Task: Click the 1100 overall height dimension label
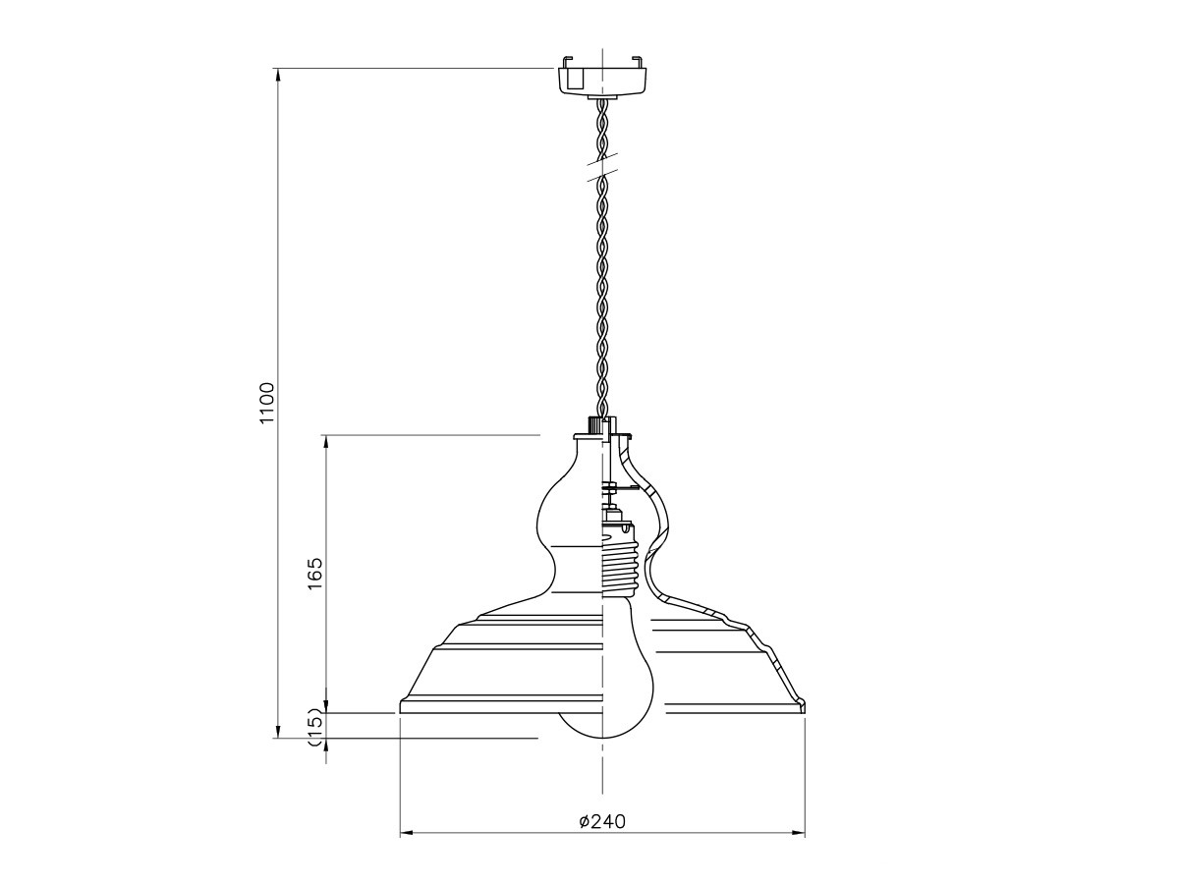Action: pos(267,403)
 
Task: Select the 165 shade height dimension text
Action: pos(315,574)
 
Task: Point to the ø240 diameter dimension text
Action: pos(602,822)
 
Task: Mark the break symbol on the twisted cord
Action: pos(602,166)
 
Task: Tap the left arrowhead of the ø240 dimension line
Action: pos(406,849)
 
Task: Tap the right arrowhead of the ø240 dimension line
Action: pos(799,849)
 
